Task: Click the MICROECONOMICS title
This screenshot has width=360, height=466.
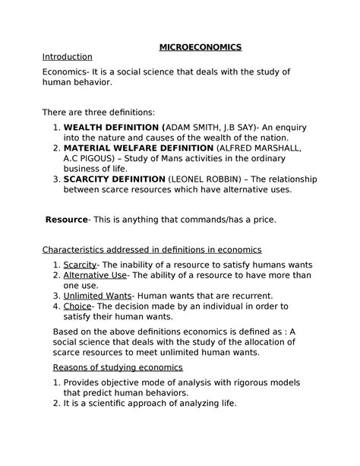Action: pos(200,47)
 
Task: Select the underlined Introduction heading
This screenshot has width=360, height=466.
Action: pos(67,57)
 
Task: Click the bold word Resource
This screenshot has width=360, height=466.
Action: pos(67,220)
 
